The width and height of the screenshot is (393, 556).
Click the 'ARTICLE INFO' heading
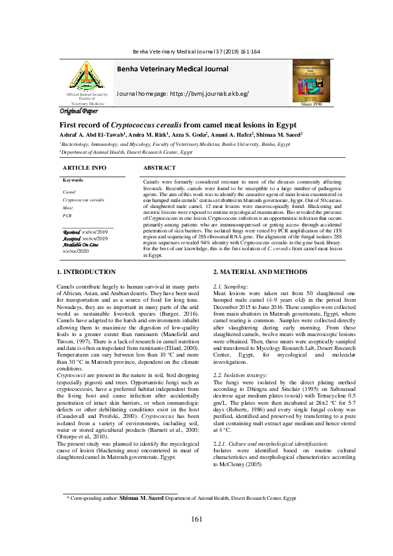tap(85, 168)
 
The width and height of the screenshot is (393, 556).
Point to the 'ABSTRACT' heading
tap(159, 168)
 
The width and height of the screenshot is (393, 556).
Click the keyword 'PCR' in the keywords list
tap(67, 216)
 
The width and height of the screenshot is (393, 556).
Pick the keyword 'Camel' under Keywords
tap(69, 191)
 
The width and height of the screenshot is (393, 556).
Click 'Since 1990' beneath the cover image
tap(311, 104)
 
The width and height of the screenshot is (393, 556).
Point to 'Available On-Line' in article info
tap(80, 245)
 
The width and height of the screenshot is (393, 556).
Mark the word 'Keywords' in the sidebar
tap(73, 180)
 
